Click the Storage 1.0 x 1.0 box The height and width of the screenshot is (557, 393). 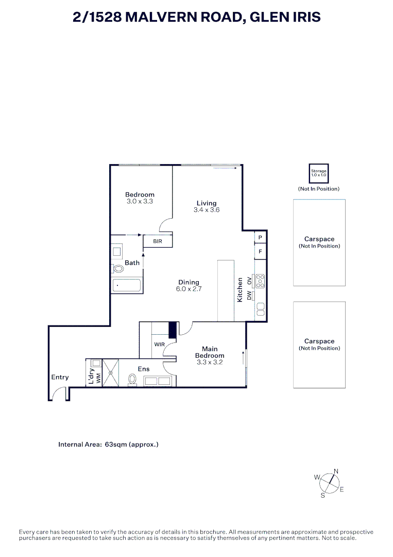coord(318,173)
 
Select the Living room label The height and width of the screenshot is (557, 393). coord(207,203)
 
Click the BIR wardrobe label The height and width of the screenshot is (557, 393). coord(158,241)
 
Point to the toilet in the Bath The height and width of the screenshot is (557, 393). coord(118,269)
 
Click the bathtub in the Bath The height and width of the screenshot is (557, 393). coord(127,285)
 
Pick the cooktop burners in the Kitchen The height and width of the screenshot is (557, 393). coord(260,281)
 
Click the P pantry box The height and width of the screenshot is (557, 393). coord(260,237)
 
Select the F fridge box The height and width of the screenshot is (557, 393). coord(260,252)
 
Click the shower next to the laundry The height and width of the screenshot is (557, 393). coord(110,372)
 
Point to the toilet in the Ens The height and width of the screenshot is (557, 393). coord(132,380)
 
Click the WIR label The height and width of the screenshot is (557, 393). coord(159,344)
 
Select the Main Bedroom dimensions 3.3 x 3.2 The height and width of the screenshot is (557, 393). coord(209,363)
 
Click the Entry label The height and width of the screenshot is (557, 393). coord(60,377)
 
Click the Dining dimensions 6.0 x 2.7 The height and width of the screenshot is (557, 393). coord(189,289)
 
